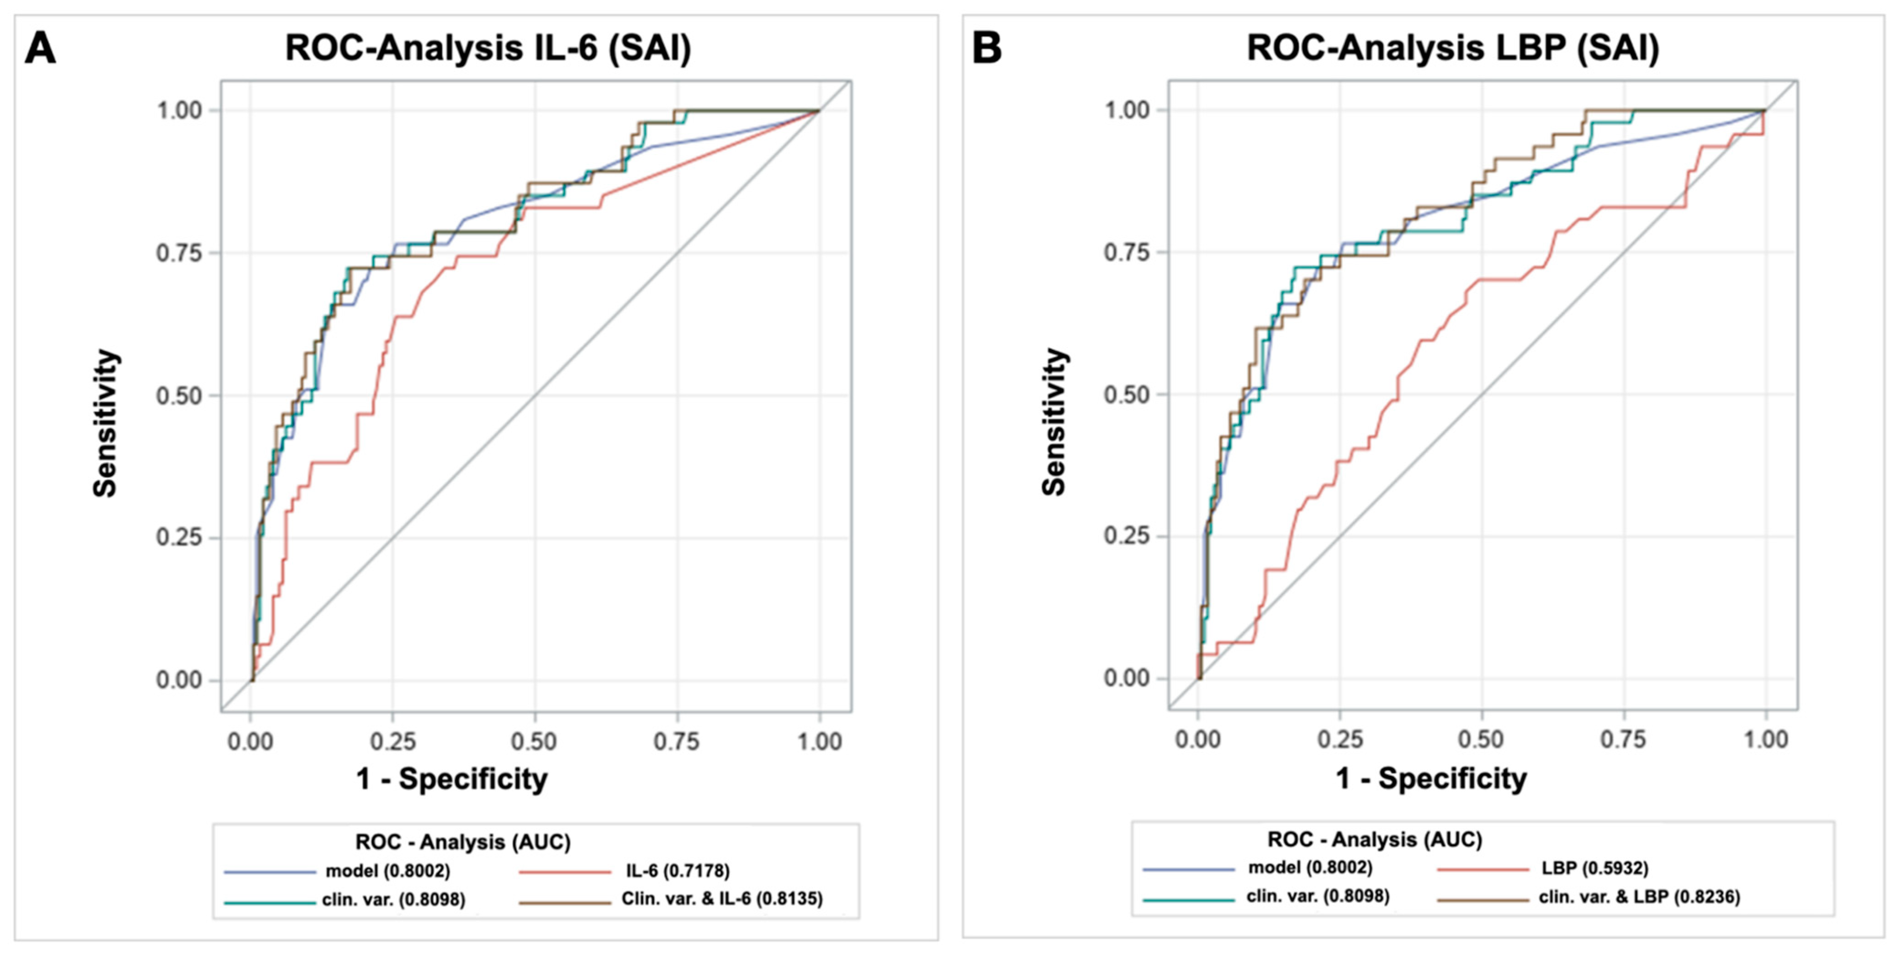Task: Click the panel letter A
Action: (x=41, y=49)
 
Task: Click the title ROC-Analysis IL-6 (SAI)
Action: (x=488, y=49)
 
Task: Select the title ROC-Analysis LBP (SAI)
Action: (x=1452, y=49)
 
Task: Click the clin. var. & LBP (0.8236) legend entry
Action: (x=1639, y=897)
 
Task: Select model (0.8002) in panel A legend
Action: (x=387, y=871)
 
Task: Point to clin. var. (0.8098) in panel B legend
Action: (x=1318, y=896)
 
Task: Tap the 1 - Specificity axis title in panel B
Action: (x=1432, y=779)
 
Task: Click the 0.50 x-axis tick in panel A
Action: (x=534, y=741)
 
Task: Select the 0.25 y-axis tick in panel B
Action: (x=1127, y=536)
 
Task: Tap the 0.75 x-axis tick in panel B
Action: (x=1623, y=740)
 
